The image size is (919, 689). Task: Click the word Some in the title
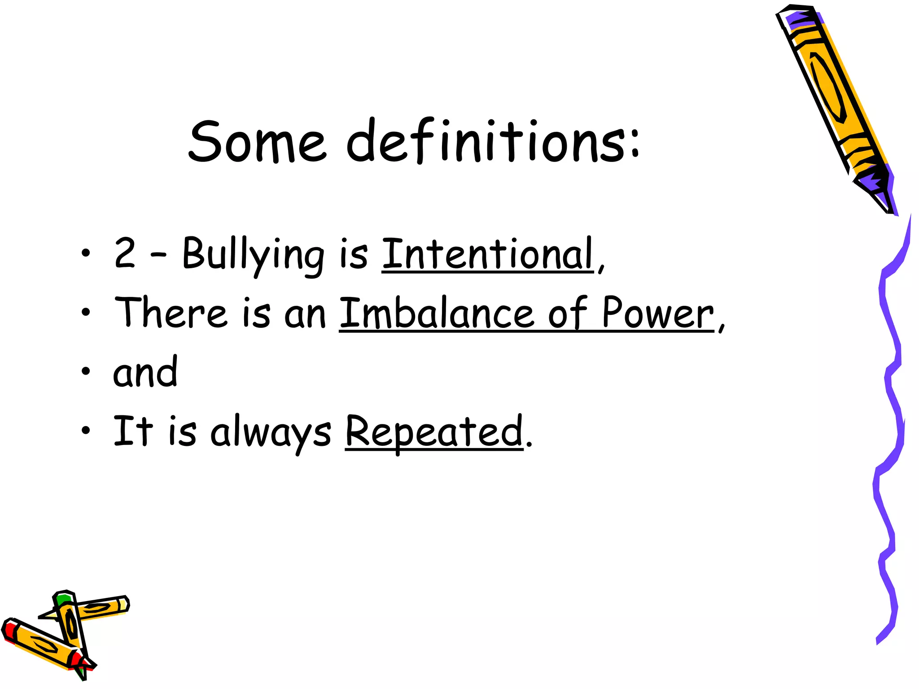click(256, 141)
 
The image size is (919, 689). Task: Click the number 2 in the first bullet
click(124, 253)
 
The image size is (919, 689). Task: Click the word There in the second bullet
click(171, 313)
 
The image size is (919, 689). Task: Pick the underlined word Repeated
click(434, 432)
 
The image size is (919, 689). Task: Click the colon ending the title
click(635, 141)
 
